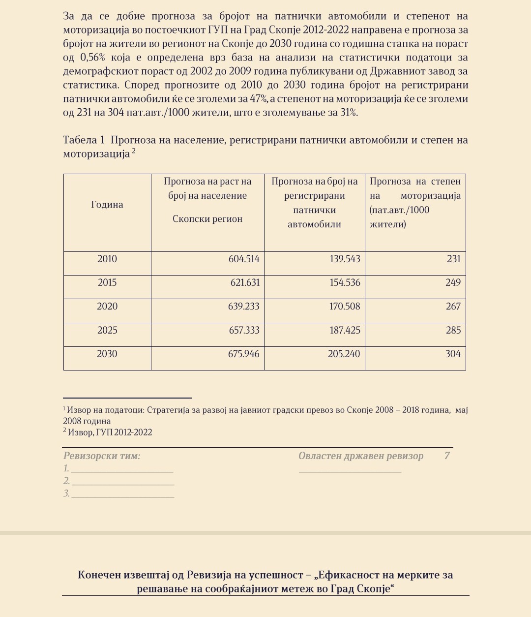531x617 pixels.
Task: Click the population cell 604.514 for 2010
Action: click(x=244, y=259)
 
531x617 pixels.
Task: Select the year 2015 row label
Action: click(x=107, y=283)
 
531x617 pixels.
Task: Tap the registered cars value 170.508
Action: click(x=345, y=307)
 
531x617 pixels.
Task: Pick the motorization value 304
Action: click(x=453, y=354)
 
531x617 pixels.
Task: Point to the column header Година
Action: click(x=107, y=205)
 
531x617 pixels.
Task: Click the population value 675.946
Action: click(x=244, y=354)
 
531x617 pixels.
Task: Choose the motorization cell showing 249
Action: click(x=453, y=283)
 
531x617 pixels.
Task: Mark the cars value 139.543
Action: click(x=345, y=259)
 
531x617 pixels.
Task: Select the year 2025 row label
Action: click(x=107, y=330)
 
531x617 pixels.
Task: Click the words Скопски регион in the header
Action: click(x=207, y=219)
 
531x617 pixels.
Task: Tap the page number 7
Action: click(x=447, y=456)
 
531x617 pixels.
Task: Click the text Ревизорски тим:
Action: click(x=102, y=456)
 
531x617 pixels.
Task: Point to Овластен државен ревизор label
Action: click(x=361, y=456)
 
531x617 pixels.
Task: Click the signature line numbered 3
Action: click(x=123, y=494)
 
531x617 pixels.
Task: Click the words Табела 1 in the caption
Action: click(x=84, y=140)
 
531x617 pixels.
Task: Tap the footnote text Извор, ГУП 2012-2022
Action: click(x=110, y=432)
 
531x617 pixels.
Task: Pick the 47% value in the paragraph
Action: click(x=259, y=99)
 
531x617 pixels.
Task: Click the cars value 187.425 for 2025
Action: click(x=345, y=330)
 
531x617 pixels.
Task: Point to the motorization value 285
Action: click(x=453, y=330)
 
